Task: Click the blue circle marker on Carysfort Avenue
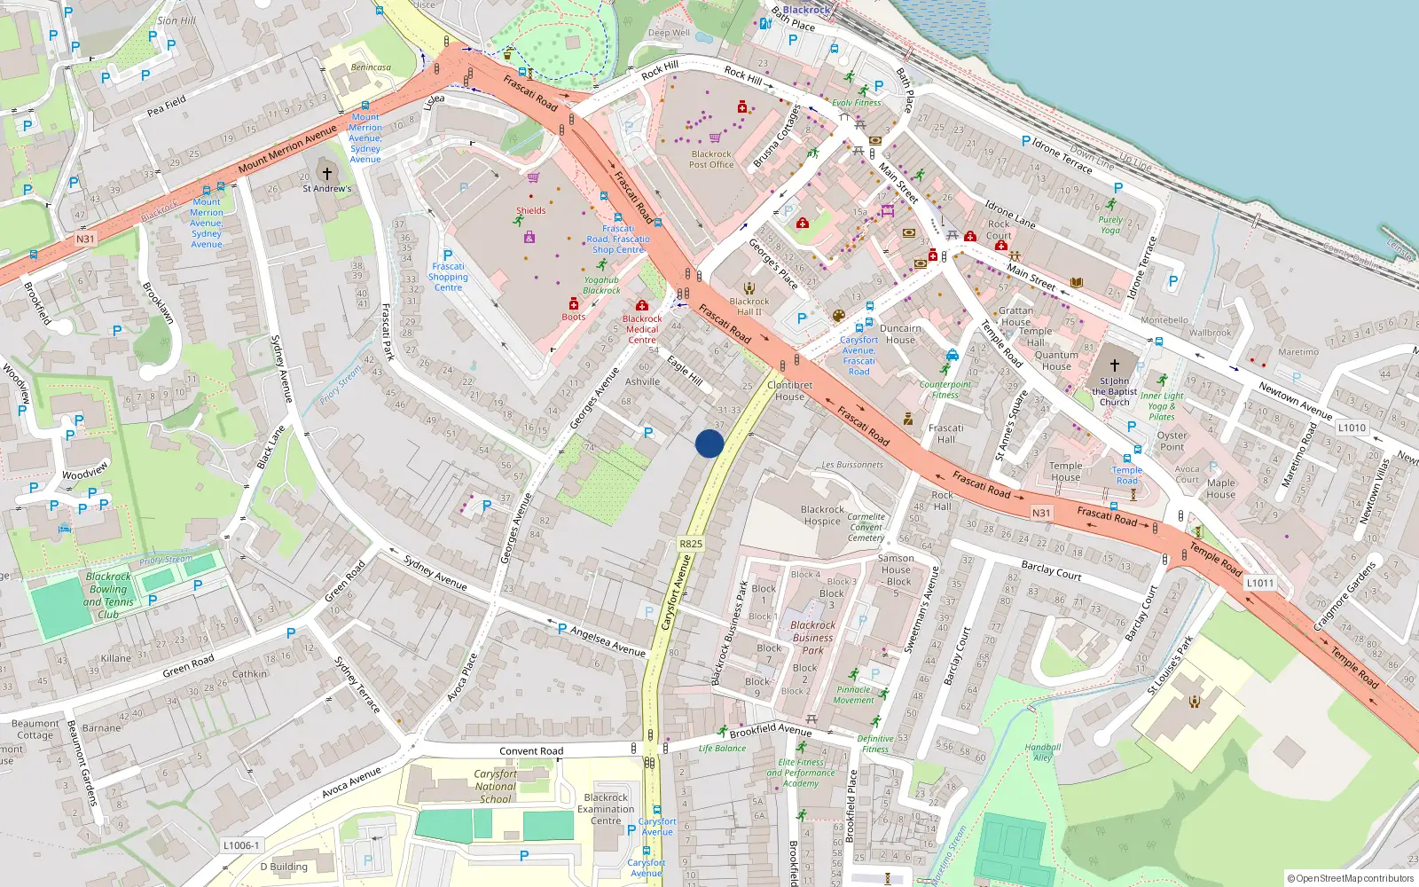(x=709, y=443)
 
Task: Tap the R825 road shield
(x=690, y=544)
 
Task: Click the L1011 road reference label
(x=1259, y=583)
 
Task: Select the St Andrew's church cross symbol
(x=326, y=173)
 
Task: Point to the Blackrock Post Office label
(x=711, y=160)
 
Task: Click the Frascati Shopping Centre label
(x=448, y=277)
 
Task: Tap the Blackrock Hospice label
(x=822, y=515)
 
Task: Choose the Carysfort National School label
(x=495, y=786)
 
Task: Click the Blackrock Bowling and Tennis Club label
(x=108, y=595)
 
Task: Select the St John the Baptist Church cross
(x=1115, y=365)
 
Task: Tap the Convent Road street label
(x=530, y=751)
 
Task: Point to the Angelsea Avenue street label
(x=608, y=641)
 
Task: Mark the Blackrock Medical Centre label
(x=641, y=329)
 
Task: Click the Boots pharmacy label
(x=573, y=317)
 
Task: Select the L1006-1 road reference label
(x=241, y=845)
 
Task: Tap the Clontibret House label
(x=789, y=390)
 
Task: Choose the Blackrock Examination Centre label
(x=606, y=809)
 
